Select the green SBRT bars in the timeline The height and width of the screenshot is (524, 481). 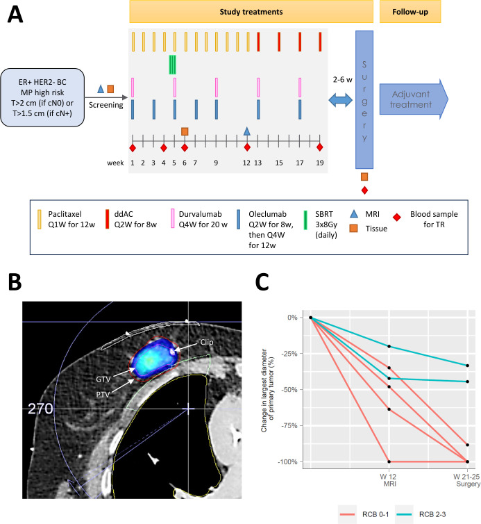tap(173, 65)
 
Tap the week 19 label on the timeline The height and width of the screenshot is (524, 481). tap(320, 163)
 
